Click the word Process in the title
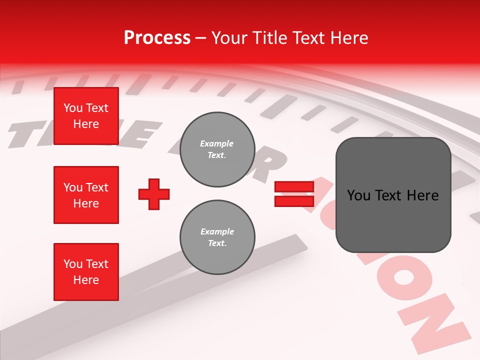[x=157, y=38]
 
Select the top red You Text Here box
[x=86, y=116]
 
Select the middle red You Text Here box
[x=86, y=195]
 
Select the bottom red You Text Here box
[x=86, y=272]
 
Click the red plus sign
[x=154, y=194]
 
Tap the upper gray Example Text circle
[x=217, y=149]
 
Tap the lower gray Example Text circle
[x=217, y=237]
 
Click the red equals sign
[x=294, y=194]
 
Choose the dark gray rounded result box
[x=393, y=195]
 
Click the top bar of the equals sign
[x=294, y=187]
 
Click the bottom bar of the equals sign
[x=294, y=201]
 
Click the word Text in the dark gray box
[x=392, y=195]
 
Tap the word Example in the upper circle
[x=216, y=143]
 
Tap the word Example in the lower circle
[x=217, y=231]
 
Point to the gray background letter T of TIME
[x=22, y=135]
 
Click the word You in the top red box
[x=73, y=108]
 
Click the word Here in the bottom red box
[x=86, y=280]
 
